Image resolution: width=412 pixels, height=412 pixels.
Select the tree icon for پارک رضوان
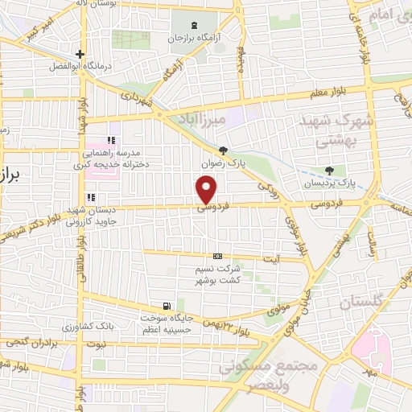pos(223,150)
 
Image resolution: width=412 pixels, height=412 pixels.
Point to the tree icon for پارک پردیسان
pos(329,170)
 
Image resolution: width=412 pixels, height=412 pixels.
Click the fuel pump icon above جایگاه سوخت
pos(166,305)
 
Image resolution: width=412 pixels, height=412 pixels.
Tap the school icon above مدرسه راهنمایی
pos(111,141)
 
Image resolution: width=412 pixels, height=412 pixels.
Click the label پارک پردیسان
pos(328,183)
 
